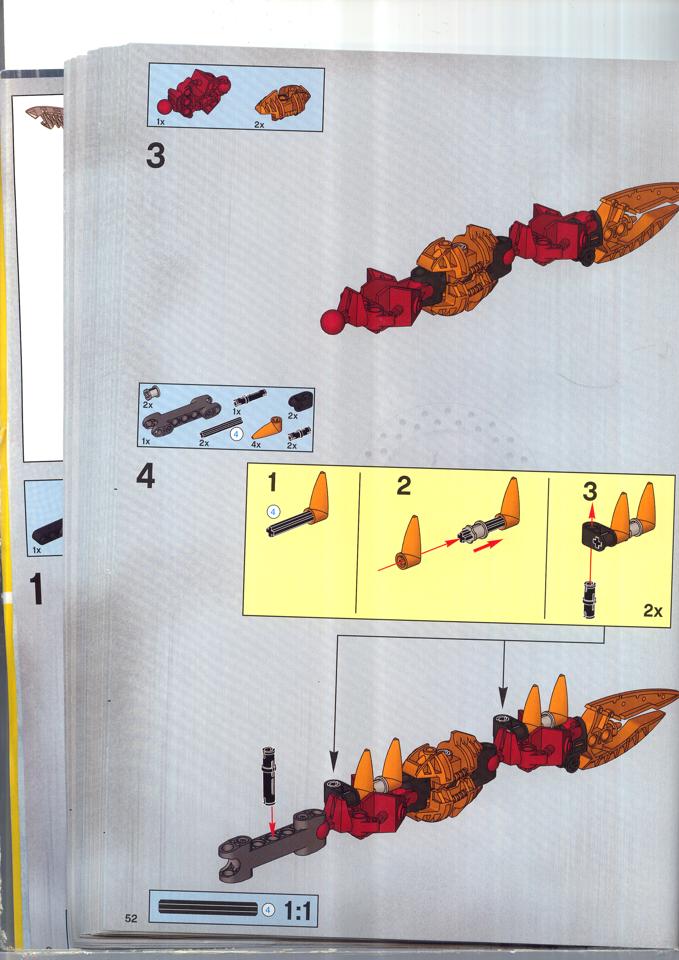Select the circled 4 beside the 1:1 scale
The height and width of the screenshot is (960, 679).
268,910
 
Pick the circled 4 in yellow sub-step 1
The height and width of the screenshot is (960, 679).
273,511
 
